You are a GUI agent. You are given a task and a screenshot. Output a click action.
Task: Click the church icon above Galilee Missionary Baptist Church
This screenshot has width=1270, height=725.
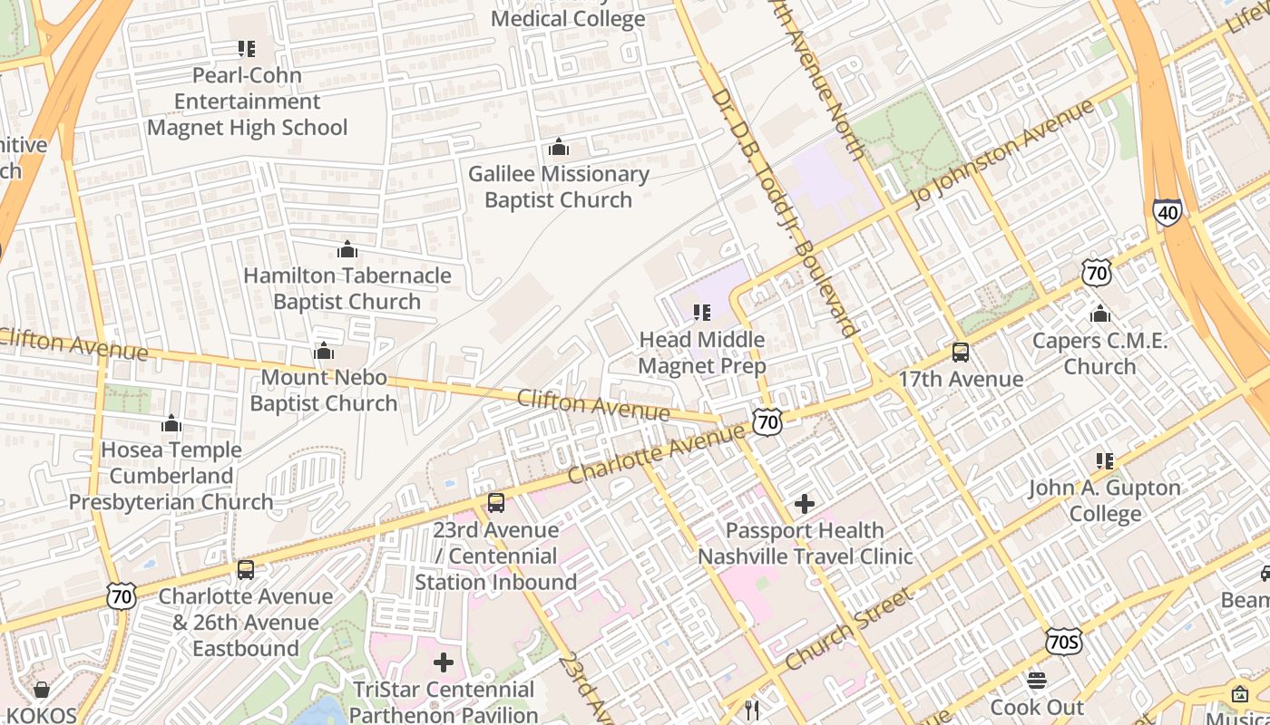[x=559, y=147]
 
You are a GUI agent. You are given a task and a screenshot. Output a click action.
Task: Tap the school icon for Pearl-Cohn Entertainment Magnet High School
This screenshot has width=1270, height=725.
[x=247, y=48]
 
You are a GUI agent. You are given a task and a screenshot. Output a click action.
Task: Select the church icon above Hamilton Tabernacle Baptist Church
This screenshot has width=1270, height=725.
[x=347, y=249]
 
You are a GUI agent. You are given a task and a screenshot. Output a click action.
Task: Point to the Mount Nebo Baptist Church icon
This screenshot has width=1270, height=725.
[x=324, y=351]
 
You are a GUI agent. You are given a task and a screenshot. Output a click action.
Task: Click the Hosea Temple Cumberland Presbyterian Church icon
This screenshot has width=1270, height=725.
[x=171, y=423]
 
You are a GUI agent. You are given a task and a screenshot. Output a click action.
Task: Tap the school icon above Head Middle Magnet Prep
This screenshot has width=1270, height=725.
[x=701, y=313]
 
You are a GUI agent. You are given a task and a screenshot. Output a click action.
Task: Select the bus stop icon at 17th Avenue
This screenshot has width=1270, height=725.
[x=961, y=353]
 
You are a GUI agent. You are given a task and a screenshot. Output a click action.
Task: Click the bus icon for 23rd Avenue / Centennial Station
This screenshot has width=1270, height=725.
[x=495, y=502]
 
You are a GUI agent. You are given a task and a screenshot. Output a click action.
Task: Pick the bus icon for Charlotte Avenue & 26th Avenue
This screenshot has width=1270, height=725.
[x=246, y=570]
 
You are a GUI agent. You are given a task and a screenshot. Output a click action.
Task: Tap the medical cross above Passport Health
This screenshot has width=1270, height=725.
[x=805, y=504]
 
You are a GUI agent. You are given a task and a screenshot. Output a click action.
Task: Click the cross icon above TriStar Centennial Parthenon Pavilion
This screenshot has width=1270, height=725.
[x=444, y=662]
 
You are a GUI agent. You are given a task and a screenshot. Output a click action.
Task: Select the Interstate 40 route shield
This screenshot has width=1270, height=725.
[x=1168, y=212]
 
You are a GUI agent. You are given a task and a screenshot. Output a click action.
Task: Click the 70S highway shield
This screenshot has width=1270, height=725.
[x=1062, y=642]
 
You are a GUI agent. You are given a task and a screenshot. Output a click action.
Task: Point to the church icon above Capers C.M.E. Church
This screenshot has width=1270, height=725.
[x=1100, y=314]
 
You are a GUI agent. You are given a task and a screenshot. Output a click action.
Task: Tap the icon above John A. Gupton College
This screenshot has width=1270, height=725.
[x=1105, y=461]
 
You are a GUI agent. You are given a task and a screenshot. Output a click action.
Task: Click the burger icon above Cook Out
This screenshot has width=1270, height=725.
[x=1037, y=681]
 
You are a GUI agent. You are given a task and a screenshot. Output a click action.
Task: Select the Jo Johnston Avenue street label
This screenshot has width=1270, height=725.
[x=1003, y=153]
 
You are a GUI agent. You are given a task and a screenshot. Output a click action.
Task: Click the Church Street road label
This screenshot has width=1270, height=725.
[x=848, y=629]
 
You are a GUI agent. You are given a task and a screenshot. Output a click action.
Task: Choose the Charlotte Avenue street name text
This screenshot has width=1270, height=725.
[x=656, y=455]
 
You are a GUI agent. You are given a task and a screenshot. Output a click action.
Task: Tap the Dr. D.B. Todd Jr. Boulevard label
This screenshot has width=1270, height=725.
[x=784, y=213]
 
